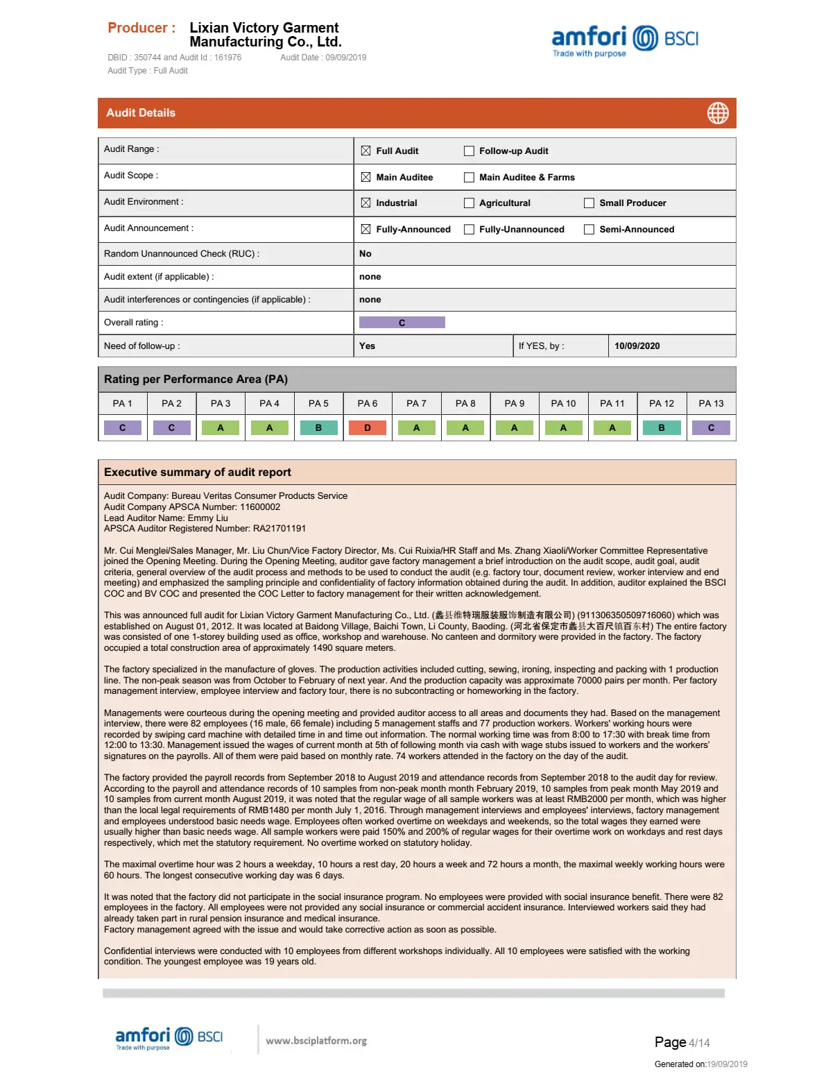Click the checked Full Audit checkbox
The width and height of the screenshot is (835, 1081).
(365, 151)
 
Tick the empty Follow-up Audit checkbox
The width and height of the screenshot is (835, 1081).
(469, 151)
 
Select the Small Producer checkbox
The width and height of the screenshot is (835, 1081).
(589, 203)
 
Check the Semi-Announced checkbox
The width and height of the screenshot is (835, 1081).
(589, 230)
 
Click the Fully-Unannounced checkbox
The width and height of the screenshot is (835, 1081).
(469, 230)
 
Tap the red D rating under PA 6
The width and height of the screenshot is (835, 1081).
(368, 428)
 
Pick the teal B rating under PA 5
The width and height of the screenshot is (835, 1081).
(318, 428)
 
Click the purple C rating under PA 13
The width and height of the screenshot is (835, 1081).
(711, 428)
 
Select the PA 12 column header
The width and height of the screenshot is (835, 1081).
(662, 403)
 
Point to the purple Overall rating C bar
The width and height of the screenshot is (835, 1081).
(402, 323)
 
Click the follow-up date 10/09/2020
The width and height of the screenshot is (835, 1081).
(637, 346)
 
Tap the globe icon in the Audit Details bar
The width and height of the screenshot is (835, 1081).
(718, 113)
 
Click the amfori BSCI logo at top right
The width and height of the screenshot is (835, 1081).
(625, 40)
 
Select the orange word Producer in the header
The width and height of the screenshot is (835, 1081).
(141, 28)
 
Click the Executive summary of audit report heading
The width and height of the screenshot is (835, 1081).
(198, 473)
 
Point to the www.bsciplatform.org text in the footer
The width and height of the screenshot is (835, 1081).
(316, 1041)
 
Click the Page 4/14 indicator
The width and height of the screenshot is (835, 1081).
(682, 1042)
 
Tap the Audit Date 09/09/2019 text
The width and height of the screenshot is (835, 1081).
(323, 58)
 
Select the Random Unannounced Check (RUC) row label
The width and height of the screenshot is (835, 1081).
(182, 254)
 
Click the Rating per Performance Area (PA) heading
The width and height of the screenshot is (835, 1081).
(196, 380)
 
